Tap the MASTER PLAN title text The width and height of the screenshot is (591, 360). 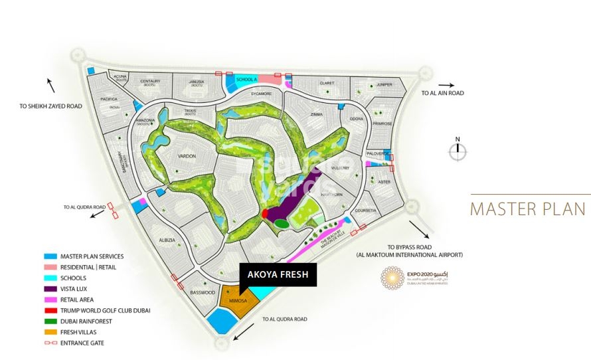pos(528,209)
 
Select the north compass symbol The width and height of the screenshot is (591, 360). pos(457,151)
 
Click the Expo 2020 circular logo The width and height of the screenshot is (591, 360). pos(392,278)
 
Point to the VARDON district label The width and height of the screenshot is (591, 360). pos(187,155)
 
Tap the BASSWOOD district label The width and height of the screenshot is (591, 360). pos(203,292)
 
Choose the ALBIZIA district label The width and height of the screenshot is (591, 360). pos(167,240)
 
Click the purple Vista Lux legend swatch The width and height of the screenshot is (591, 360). pos(50,289)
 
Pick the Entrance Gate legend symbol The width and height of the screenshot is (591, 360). pos(50,343)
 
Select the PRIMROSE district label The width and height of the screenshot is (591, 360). pos(383,124)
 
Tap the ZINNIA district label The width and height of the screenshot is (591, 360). pos(315,114)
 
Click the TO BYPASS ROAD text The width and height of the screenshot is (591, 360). pos(408,246)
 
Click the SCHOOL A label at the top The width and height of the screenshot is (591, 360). pos(246,80)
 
